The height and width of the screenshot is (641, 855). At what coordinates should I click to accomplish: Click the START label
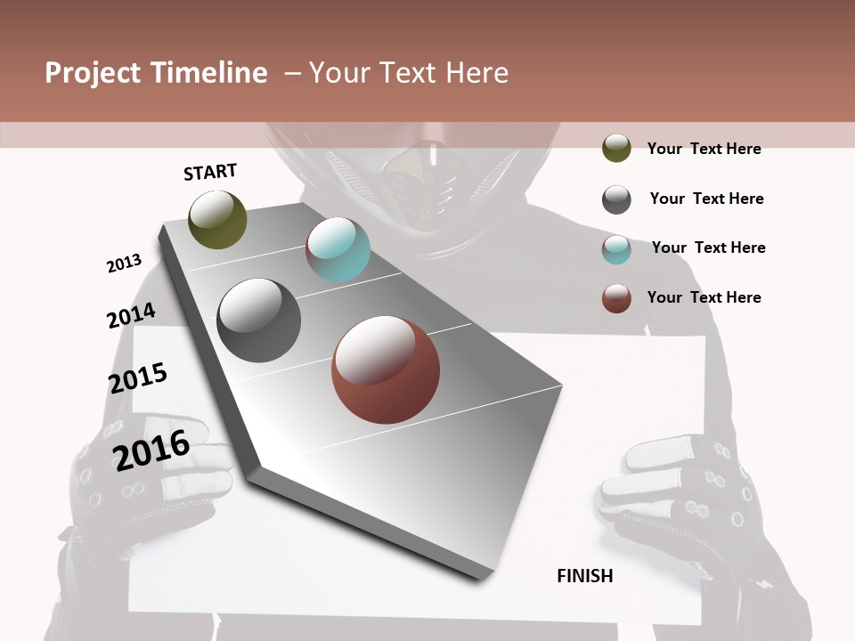(210, 172)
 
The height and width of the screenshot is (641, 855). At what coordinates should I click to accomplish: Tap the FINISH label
(585, 576)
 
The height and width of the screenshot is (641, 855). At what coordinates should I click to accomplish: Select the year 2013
(124, 264)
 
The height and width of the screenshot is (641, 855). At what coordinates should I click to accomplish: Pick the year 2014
(131, 316)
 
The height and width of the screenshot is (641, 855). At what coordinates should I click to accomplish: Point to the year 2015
(138, 378)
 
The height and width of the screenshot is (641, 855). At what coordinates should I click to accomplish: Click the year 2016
(151, 450)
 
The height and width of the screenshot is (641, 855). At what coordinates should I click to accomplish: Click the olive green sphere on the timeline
(217, 219)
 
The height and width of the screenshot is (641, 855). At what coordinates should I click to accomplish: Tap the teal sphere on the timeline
(338, 249)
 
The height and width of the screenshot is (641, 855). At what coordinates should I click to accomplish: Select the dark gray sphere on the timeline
(259, 320)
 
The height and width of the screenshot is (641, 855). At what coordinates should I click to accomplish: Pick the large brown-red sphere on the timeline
(386, 369)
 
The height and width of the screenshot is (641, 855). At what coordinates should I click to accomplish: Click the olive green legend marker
(616, 148)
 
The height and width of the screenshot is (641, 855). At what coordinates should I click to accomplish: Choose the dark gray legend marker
(616, 199)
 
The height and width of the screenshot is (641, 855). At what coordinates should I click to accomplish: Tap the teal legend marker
(616, 249)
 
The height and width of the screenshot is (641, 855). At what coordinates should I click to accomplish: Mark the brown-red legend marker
(616, 298)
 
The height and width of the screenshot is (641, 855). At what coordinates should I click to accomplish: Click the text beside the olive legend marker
(704, 149)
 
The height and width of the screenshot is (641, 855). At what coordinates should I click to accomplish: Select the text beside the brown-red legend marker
(704, 297)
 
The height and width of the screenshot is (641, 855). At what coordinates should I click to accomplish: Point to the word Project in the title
(92, 73)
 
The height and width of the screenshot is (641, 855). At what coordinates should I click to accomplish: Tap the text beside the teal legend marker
(708, 247)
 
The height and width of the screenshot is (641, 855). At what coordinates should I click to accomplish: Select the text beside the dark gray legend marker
(706, 199)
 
